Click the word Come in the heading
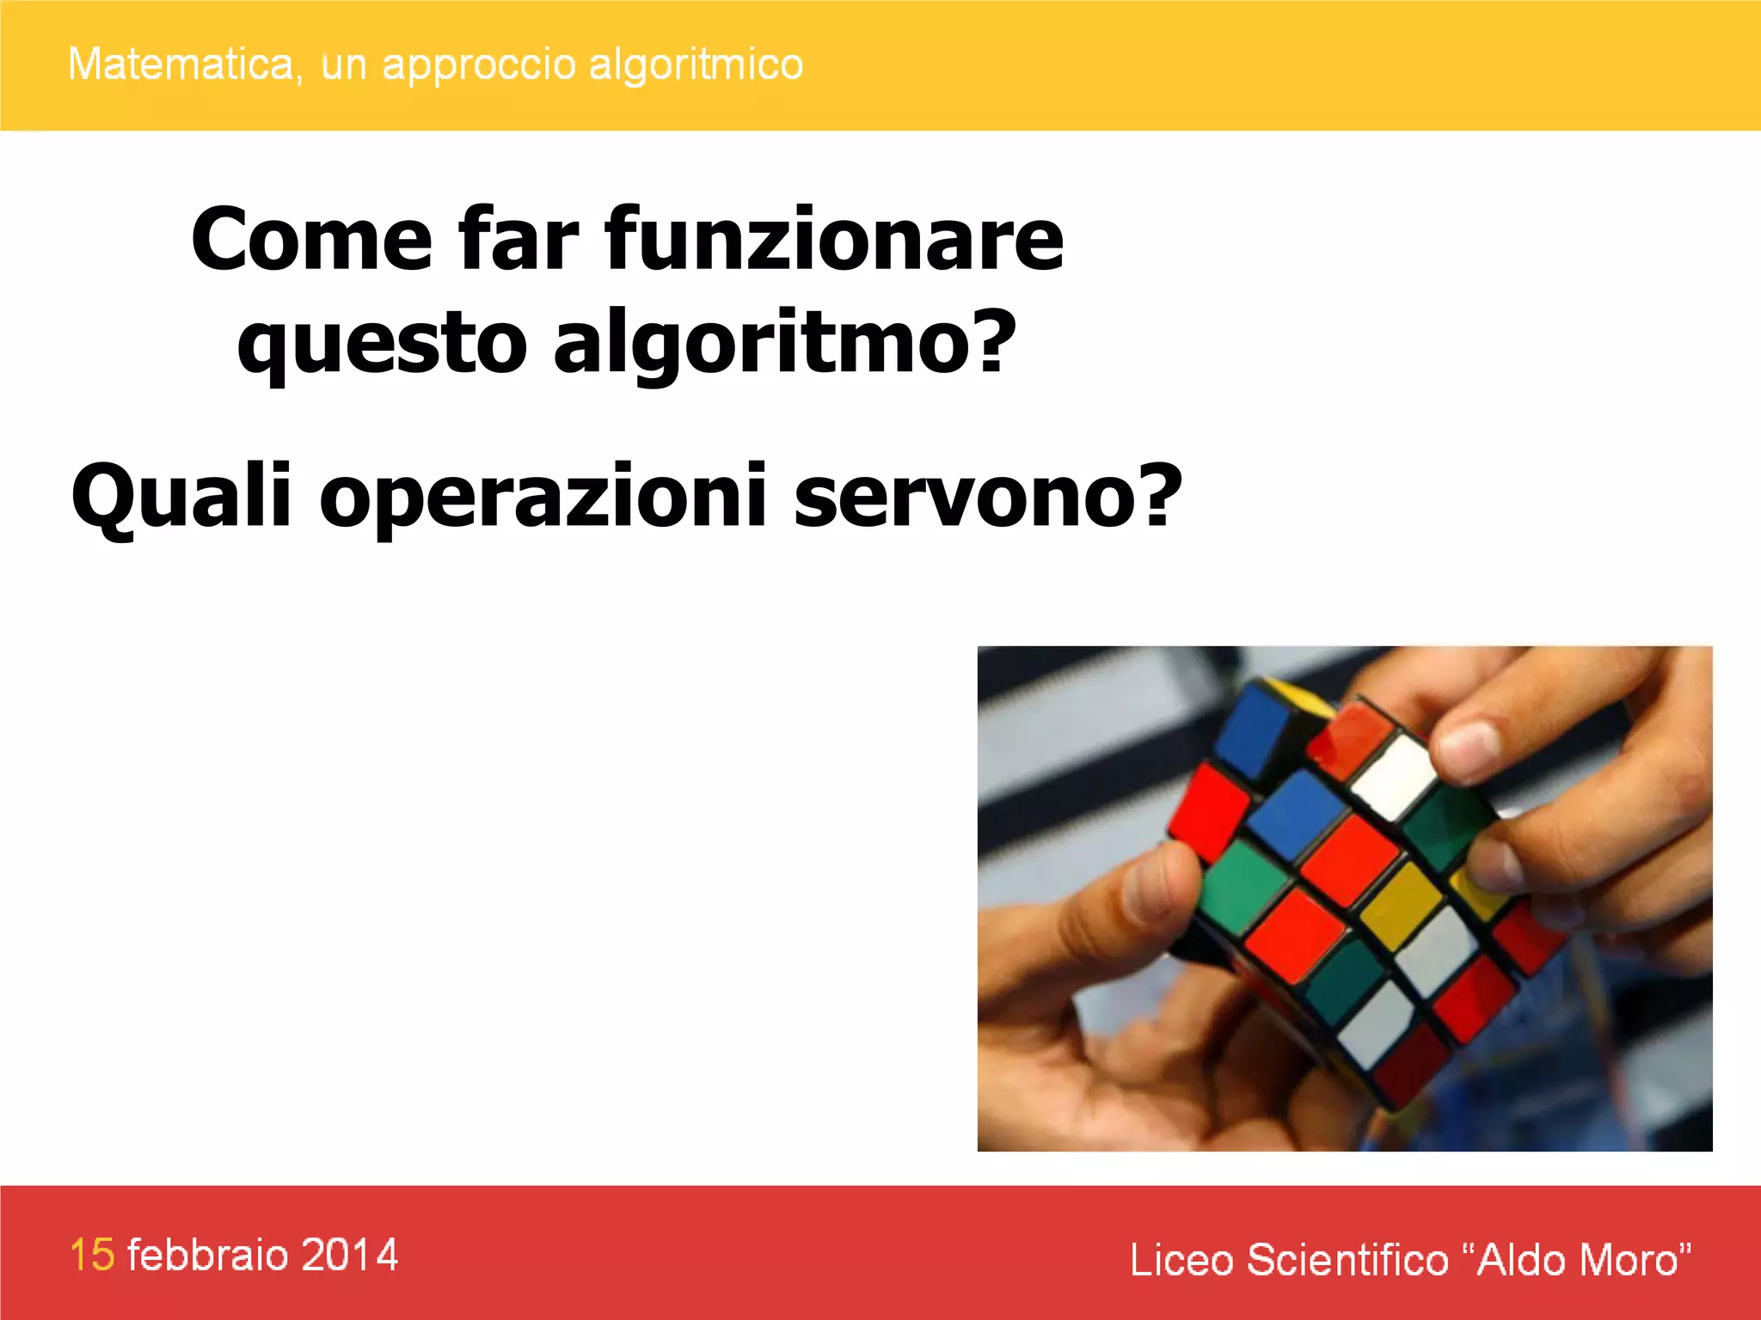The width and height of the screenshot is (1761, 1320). pos(311,239)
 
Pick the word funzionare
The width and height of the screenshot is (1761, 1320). pos(834,239)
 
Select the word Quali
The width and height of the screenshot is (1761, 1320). pos(181,497)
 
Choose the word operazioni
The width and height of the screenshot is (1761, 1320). pos(543,497)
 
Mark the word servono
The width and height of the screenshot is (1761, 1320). pos(989,497)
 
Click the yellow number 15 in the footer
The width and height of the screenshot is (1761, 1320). pos(92,1255)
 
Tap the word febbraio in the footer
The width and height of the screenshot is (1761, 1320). pos(208,1255)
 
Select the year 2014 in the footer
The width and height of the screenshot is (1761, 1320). pos(350,1255)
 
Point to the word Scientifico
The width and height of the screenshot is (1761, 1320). pos(1348,1260)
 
